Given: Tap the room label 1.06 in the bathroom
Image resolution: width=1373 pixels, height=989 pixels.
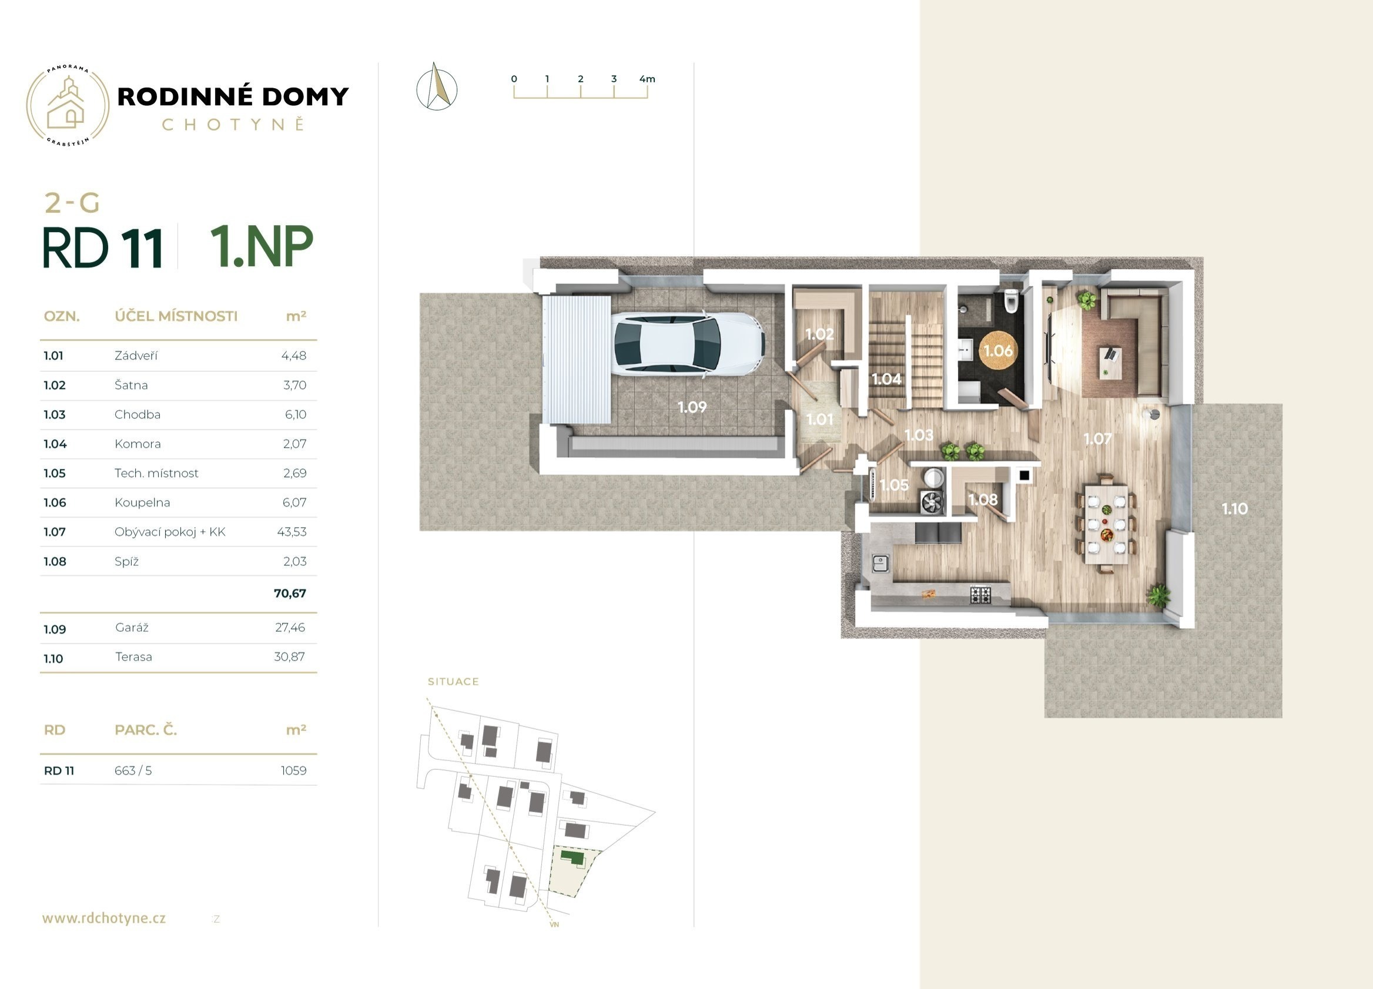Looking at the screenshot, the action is [997, 350].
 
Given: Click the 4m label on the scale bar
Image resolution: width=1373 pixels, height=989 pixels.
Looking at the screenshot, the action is [647, 79].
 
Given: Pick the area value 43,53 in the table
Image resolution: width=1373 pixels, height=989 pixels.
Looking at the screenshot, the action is [292, 532].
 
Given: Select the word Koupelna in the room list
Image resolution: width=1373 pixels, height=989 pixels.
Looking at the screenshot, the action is [142, 503].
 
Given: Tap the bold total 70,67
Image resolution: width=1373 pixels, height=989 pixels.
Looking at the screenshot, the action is [290, 593].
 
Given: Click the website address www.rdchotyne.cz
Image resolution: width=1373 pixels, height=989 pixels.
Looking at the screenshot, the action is [104, 918].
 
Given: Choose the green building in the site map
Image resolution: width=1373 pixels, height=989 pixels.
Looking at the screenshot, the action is [572, 856].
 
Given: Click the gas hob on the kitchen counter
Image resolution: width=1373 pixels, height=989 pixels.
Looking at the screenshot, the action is [981, 594].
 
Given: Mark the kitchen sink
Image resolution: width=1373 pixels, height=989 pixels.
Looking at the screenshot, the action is [880, 564].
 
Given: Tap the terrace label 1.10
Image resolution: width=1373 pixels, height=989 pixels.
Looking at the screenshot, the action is [1234, 509].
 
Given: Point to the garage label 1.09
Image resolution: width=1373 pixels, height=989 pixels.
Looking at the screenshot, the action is [692, 407].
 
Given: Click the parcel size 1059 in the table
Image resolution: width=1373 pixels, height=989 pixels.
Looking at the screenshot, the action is [294, 770].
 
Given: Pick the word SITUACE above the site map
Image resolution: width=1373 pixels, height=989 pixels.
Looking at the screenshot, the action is [453, 682].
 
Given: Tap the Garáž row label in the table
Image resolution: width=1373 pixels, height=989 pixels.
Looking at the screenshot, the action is [132, 628].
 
